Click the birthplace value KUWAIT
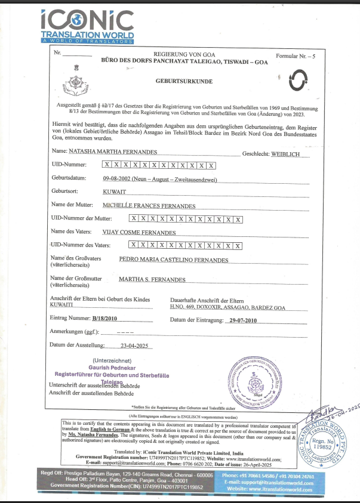(116, 192)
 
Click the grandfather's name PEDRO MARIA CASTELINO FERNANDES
(173, 261)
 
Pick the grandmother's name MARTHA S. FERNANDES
(152, 279)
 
